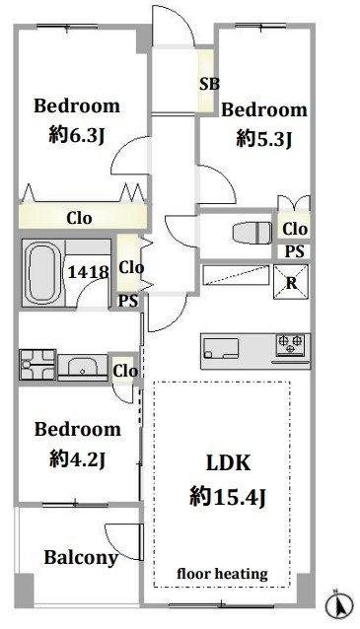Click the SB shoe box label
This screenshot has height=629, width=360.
(x=209, y=84)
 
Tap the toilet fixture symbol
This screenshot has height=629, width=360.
(x=252, y=233)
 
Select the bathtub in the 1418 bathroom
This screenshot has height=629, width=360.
(x=42, y=273)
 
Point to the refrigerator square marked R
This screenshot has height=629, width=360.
(x=291, y=282)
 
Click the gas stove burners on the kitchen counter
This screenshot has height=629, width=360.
(x=290, y=345)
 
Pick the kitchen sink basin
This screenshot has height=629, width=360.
(x=221, y=348)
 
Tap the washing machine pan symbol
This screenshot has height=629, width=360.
(x=37, y=365)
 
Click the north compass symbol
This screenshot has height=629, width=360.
(x=339, y=605)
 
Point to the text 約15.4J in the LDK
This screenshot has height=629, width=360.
(x=227, y=497)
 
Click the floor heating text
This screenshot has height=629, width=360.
(x=222, y=574)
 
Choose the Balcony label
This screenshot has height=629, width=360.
(x=81, y=558)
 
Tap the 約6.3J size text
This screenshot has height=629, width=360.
(x=77, y=135)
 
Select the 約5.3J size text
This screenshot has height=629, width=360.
(x=263, y=139)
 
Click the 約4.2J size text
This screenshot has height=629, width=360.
(x=77, y=458)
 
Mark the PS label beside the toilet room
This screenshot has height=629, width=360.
(x=295, y=251)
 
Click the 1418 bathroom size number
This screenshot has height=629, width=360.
(x=88, y=272)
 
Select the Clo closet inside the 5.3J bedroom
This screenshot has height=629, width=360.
(x=295, y=229)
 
